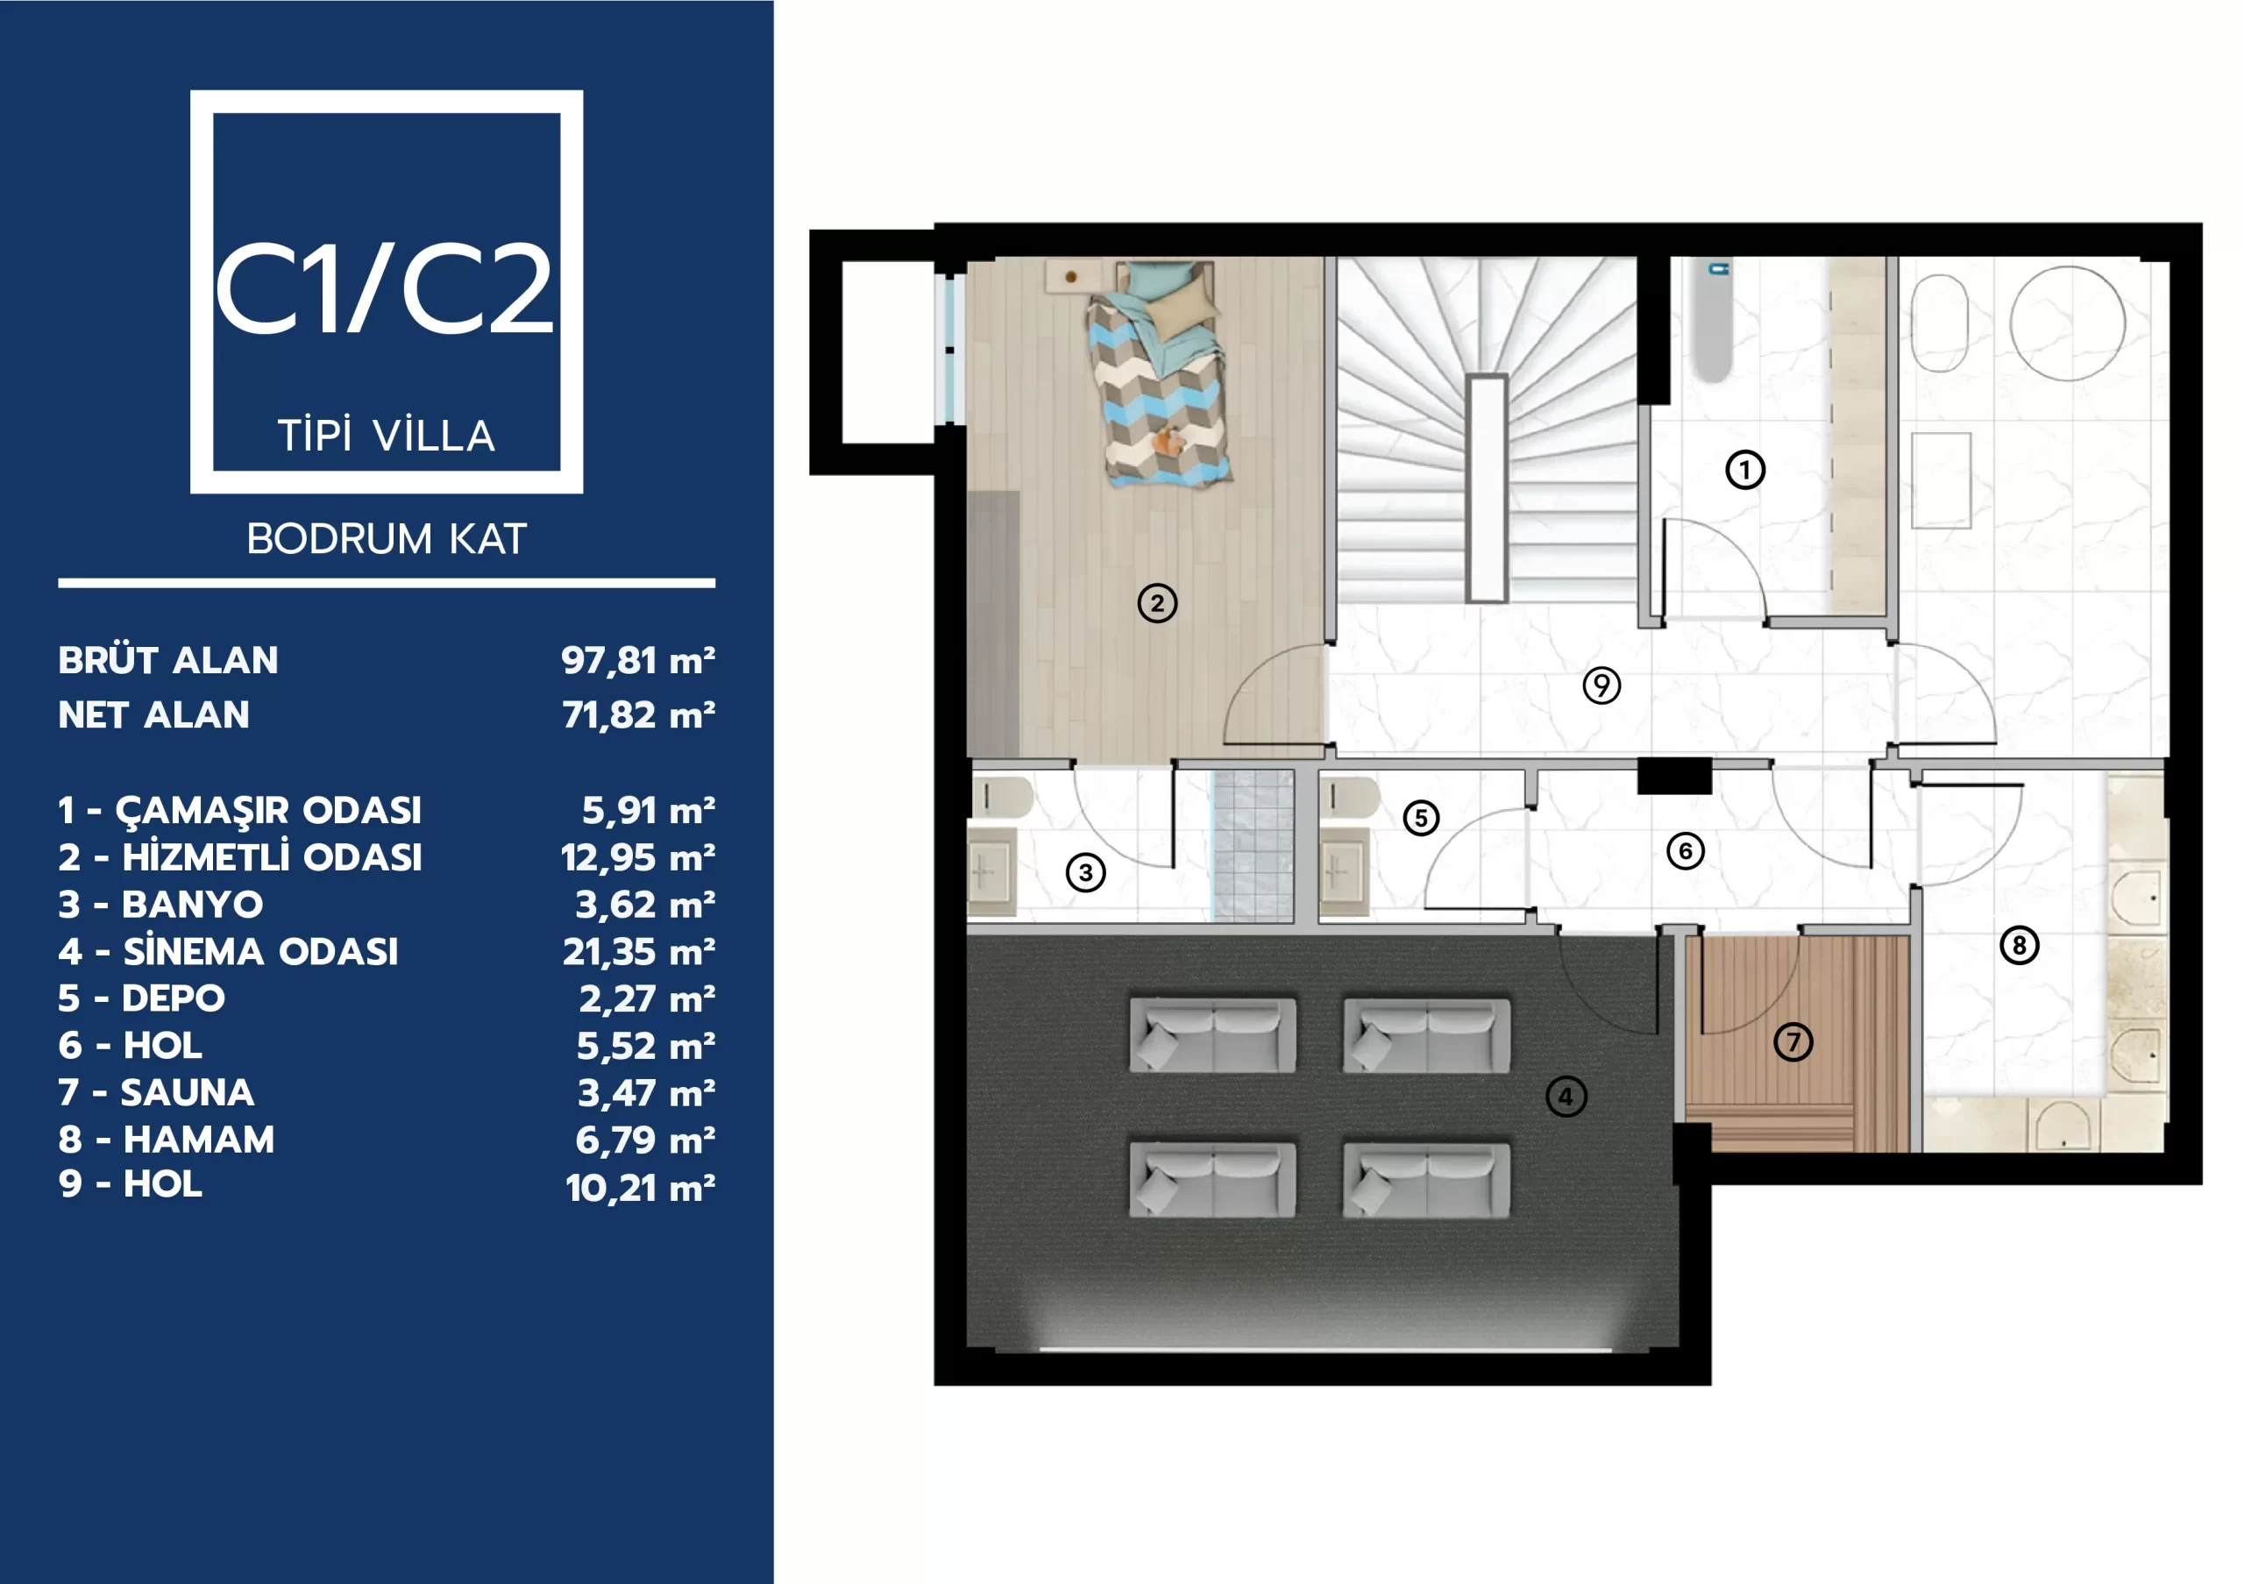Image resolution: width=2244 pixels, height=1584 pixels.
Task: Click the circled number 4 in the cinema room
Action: pyautogui.click(x=1566, y=1097)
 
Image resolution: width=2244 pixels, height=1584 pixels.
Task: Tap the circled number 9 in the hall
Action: pyautogui.click(x=1601, y=685)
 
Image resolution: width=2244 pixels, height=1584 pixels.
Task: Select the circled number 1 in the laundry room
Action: pyautogui.click(x=1744, y=470)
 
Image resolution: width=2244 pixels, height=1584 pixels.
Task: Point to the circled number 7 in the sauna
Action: pyautogui.click(x=1793, y=1041)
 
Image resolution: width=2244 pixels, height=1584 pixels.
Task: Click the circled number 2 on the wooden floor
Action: pyautogui.click(x=1157, y=603)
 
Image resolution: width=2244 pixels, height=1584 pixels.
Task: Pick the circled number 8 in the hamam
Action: pyautogui.click(x=2020, y=945)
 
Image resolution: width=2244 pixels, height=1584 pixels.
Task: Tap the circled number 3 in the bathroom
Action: pyautogui.click(x=1086, y=872)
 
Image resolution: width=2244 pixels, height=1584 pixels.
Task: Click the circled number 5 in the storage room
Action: pyautogui.click(x=1421, y=818)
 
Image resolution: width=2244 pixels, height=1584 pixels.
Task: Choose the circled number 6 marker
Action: pyautogui.click(x=1685, y=851)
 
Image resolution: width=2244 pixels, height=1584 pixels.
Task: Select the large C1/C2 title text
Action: pyautogui.click(x=384, y=289)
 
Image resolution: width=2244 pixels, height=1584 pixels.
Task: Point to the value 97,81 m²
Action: pyautogui.click(x=638, y=661)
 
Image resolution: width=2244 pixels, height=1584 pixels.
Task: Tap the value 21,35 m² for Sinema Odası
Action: pyautogui.click(x=639, y=952)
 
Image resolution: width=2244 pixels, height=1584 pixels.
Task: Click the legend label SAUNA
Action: pyautogui.click(x=188, y=1092)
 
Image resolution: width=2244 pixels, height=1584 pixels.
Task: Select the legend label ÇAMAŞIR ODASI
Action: pyautogui.click(x=269, y=811)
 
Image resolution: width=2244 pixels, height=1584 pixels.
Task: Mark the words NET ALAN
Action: pyautogui.click(x=153, y=715)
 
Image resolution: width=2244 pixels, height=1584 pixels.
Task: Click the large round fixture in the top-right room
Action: pyautogui.click(x=2067, y=323)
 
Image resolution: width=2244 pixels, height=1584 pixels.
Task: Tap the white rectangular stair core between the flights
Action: pyautogui.click(x=1487, y=487)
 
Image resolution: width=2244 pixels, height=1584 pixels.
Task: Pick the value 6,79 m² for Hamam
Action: pyautogui.click(x=645, y=1140)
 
